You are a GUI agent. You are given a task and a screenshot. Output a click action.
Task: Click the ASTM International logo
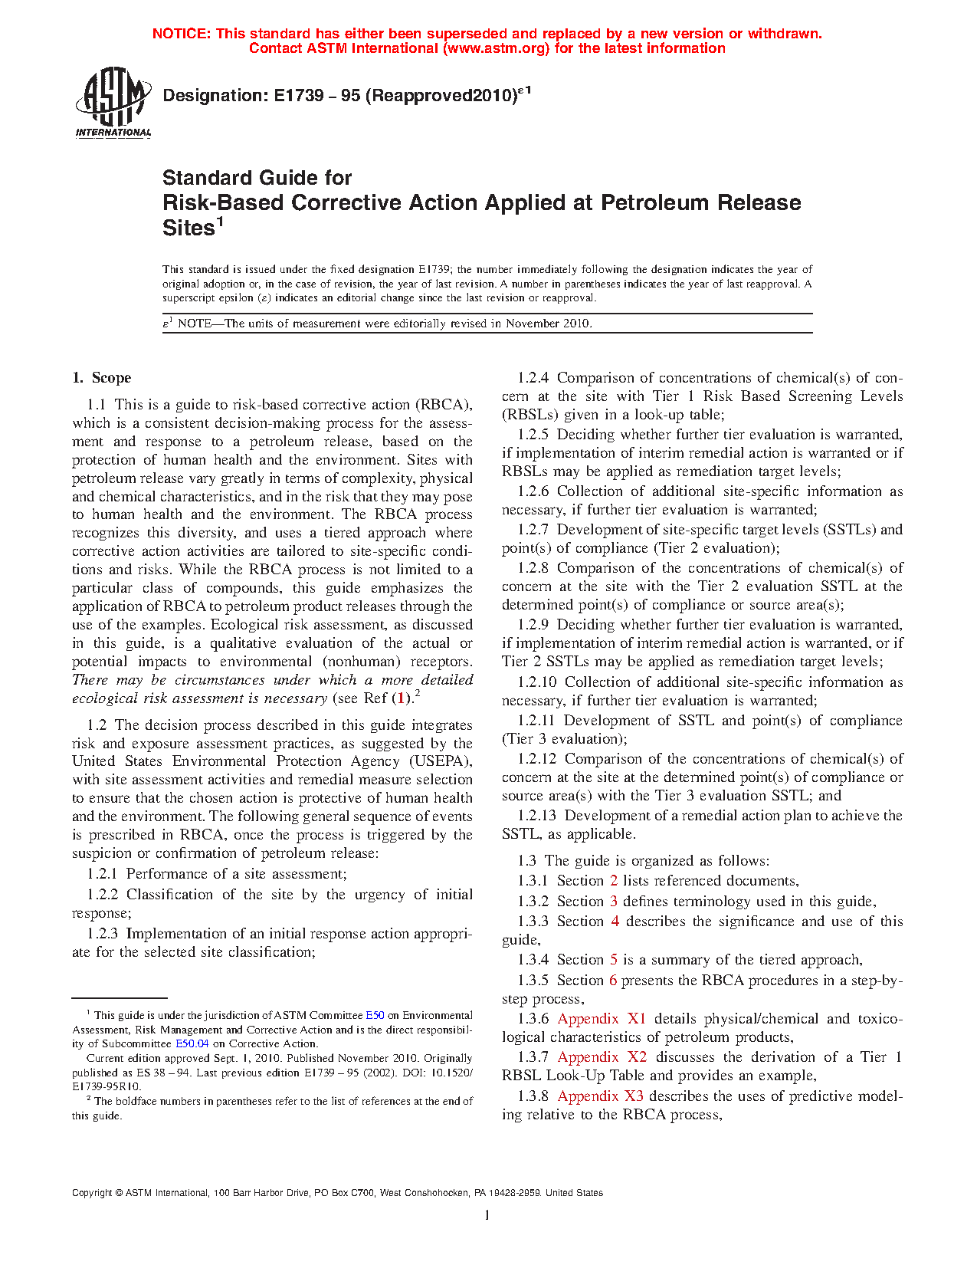click(x=113, y=101)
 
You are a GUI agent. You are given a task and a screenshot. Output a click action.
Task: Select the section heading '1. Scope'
click(x=102, y=378)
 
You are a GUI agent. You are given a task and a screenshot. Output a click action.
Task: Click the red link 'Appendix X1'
click(x=602, y=1019)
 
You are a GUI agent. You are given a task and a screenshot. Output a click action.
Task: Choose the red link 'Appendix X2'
click(x=602, y=1057)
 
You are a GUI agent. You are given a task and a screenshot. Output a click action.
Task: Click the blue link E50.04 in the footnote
click(x=192, y=1043)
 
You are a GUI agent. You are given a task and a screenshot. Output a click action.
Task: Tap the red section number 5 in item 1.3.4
click(x=614, y=960)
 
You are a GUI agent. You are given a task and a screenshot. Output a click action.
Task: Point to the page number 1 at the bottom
click(x=487, y=1215)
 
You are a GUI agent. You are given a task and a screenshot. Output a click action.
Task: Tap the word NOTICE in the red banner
click(x=181, y=34)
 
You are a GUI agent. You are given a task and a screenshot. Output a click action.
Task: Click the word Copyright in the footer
click(x=92, y=1193)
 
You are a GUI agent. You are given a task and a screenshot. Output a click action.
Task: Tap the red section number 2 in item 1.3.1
click(x=614, y=881)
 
